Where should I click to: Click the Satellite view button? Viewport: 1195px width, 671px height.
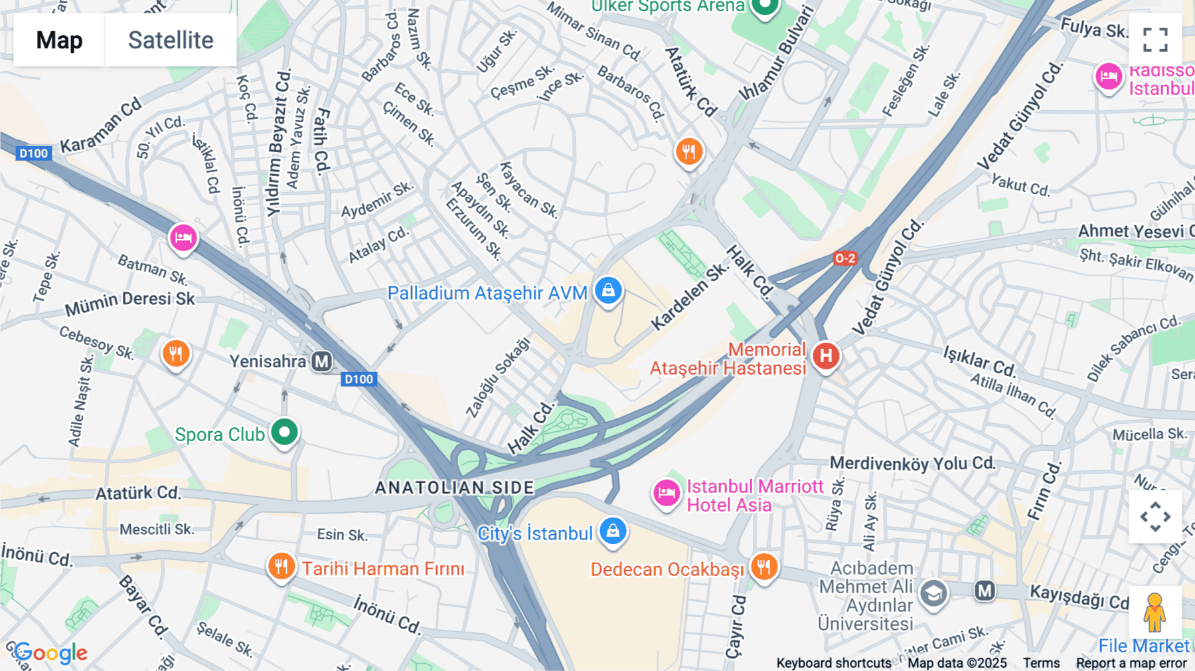click(171, 40)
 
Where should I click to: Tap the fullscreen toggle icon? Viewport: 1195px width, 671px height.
click(1155, 39)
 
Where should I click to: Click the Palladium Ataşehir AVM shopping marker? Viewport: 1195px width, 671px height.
click(607, 291)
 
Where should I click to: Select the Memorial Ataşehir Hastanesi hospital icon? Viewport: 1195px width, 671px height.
click(826, 357)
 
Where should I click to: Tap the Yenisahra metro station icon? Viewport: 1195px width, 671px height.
click(322, 361)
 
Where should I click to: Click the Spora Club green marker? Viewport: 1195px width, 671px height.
click(285, 432)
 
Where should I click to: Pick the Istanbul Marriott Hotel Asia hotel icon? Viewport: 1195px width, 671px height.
click(667, 494)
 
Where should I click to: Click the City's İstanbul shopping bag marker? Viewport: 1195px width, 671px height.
click(613, 531)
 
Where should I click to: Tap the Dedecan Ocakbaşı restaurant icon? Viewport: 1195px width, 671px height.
click(763, 567)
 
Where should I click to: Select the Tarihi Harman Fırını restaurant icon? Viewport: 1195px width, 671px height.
click(281, 567)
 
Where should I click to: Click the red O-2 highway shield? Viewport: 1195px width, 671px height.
click(845, 258)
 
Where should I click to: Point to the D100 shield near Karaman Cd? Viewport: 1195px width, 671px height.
click(33, 153)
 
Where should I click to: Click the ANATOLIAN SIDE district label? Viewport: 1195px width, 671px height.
click(454, 488)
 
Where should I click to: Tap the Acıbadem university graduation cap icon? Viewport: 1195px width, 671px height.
click(933, 593)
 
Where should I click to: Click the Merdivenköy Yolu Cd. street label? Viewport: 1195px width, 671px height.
click(912, 463)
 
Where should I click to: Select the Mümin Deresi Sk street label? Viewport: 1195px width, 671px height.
click(130, 302)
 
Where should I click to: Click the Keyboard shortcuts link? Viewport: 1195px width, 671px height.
click(833, 663)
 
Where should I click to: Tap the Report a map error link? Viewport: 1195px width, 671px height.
click(1131, 663)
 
